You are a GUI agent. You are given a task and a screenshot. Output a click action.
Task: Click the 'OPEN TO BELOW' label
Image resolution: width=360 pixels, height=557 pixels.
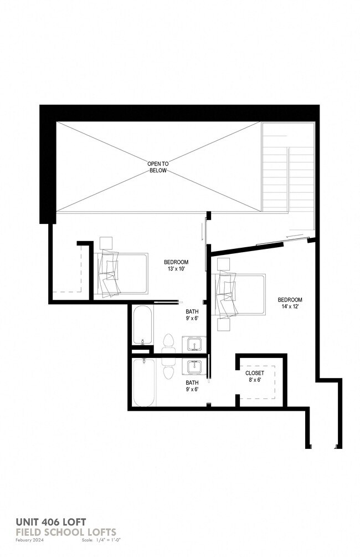[x=158, y=167]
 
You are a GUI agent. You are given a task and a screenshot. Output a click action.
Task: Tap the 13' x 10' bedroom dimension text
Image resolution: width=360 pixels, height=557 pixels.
[x=176, y=269]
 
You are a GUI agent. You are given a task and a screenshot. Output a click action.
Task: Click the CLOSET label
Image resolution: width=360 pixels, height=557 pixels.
[x=255, y=373]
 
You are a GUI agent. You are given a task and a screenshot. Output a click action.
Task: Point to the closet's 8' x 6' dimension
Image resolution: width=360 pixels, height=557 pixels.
[x=255, y=380]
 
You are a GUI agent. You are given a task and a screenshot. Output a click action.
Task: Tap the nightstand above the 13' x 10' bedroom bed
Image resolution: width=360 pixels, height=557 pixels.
[x=106, y=243]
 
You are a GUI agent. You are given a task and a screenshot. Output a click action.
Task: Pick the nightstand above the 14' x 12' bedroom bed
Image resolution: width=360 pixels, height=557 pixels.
[x=223, y=263]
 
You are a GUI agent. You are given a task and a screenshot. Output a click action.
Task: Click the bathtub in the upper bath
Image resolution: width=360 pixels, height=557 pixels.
[x=142, y=325]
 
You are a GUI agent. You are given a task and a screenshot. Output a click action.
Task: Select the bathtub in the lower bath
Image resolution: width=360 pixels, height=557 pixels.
[x=143, y=382]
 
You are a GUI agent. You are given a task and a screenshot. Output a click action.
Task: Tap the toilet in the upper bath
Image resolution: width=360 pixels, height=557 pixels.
[x=168, y=344]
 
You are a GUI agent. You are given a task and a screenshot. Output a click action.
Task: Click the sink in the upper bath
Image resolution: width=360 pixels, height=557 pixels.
[x=194, y=345]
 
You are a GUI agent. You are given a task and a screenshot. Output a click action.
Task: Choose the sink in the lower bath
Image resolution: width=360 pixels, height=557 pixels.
[x=194, y=367]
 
